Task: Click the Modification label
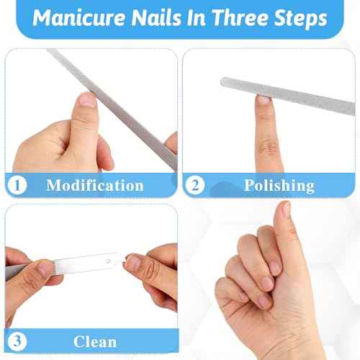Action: (94, 185)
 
